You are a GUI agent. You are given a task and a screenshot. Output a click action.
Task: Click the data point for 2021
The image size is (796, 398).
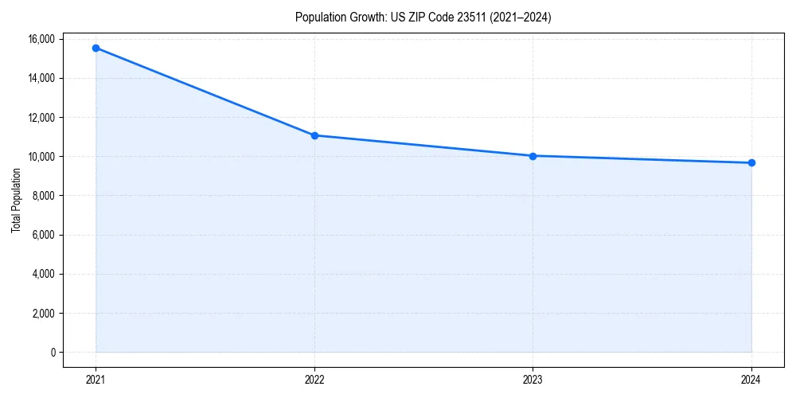click(x=96, y=48)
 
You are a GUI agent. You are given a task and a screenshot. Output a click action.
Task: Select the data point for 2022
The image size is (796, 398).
click(x=314, y=135)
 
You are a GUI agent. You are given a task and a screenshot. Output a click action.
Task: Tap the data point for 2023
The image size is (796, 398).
click(x=533, y=156)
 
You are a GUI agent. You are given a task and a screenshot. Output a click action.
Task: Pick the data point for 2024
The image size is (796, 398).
click(x=751, y=163)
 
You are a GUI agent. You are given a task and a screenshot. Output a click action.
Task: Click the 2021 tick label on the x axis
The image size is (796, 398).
click(x=96, y=380)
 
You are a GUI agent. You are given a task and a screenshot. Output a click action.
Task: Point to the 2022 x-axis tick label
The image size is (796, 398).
click(x=314, y=380)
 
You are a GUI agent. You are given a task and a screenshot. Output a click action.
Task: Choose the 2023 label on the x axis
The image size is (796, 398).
click(x=533, y=380)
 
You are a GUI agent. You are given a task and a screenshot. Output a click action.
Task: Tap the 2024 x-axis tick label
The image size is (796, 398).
click(x=751, y=380)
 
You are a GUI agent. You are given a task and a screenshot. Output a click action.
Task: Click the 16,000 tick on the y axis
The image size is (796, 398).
click(x=41, y=39)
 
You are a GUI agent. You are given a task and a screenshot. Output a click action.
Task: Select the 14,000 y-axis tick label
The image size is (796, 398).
click(x=41, y=78)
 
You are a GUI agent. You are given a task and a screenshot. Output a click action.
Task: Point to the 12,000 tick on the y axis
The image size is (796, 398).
click(x=41, y=117)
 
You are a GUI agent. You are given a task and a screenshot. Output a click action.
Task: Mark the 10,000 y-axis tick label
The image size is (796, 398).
click(x=41, y=157)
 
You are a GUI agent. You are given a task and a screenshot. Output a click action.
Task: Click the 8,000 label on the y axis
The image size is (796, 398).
click(x=43, y=196)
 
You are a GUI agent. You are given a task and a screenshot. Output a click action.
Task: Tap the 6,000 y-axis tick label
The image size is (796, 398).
click(x=43, y=235)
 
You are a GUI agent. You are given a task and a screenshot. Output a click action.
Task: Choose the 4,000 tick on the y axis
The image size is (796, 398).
click(x=43, y=274)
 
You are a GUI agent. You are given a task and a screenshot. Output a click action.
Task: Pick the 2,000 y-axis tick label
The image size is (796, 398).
click(x=43, y=314)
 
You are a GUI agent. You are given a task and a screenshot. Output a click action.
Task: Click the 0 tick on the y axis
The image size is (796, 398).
click(x=52, y=353)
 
